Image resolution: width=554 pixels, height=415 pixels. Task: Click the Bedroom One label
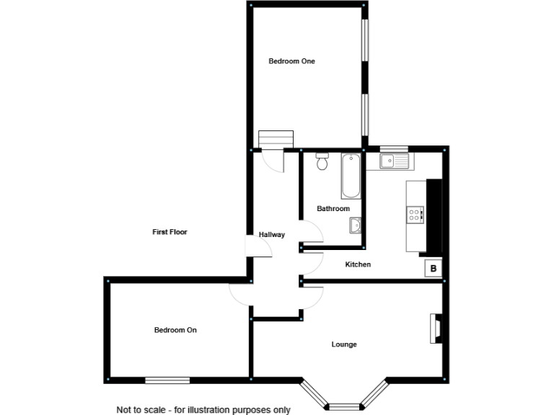point(291,61)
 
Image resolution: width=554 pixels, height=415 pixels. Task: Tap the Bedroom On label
point(175,330)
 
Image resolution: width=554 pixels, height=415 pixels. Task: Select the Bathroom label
point(333,209)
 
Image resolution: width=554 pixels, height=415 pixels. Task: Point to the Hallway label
point(272,235)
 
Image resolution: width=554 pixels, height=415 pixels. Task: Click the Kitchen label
point(358,264)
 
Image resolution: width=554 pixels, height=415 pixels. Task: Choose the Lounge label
point(344,344)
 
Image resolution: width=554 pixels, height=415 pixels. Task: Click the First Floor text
point(170,232)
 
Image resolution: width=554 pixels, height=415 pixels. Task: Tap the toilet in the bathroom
point(322,162)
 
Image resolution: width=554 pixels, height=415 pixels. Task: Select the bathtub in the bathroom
point(351,176)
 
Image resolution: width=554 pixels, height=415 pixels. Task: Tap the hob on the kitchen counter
point(416,214)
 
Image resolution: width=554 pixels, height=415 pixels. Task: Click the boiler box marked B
point(433,269)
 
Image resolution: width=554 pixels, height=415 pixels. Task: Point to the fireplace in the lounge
point(435,328)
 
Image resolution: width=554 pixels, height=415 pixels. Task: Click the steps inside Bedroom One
point(276,138)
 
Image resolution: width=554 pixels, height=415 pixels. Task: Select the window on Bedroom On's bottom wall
point(167,380)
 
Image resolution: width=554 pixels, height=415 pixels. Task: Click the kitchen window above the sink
point(394,149)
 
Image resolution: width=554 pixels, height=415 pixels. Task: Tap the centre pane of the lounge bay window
point(344,405)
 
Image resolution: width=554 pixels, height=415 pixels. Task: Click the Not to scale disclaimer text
point(203,410)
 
